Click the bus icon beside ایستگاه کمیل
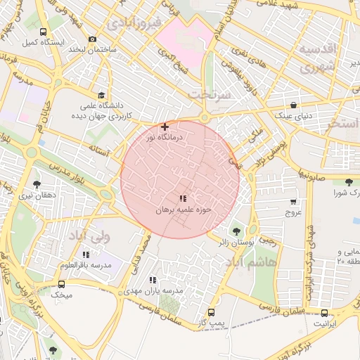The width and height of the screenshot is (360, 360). pyautogui.click(x=44, y=32)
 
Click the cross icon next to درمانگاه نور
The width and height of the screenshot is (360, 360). pyautogui.click(x=165, y=127)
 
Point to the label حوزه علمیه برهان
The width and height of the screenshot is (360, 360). pyautogui.click(x=183, y=210)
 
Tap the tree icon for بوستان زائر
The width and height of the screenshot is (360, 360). pyautogui.click(x=235, y=231)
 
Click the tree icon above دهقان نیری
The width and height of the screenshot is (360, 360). pyautogui.click(x=37, y=184)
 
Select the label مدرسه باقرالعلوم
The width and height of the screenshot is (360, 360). pyautogui.click(x=86, y=265)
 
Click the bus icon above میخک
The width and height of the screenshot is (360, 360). pyautogui.click(x=61, y=285)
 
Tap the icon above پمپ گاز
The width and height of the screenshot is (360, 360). pyautogui.click(x=211, y=311)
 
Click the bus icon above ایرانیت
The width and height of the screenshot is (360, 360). pyautogui.click(x=324, y=314)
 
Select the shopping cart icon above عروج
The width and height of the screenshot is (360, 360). pyautogui.click(x=293, y=201)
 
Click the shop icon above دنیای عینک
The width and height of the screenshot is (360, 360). pyautogui.click(x=292, y=105)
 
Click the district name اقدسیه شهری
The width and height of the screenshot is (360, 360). pyautogui.click(x=318, y=58)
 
